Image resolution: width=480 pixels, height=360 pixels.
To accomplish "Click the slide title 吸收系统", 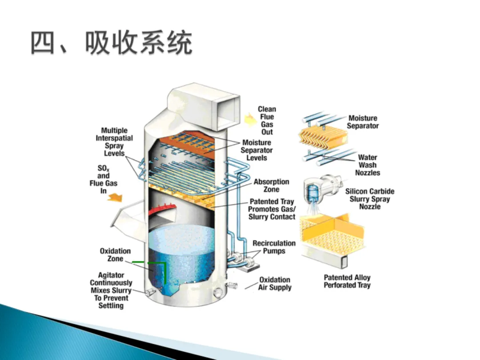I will pyautogui.click(x=111, y=44).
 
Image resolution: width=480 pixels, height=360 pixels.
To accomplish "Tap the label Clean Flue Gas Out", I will pyautogui.click(x=267, y=120).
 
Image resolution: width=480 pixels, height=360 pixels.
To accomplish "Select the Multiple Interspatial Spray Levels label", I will pyautogui.click(x=114, y=142).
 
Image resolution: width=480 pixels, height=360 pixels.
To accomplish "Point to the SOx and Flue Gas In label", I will pyautogui.click(x=103, y=179).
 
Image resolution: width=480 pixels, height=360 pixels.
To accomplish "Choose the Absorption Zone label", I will pyautogui.click(x=271, y=185).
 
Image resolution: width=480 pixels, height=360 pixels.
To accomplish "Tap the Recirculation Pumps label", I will pyautogui.click(x=274, y=247).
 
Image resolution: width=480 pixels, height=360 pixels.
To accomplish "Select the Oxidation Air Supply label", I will pyautogui.click(x=275, y=284).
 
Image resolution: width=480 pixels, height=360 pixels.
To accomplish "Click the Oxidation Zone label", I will pyautogui.click(x=115, y=255).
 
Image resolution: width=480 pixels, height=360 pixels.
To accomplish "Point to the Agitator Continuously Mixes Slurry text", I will pyautogui.click(x=111, y=290).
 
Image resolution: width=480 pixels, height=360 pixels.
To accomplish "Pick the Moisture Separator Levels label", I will pyautogui.click(x=256, y=150).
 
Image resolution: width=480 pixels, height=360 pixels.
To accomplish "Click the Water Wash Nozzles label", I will pyautogui.click(x=368, y=165).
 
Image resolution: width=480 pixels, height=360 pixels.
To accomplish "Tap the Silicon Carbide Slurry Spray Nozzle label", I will pyautogui.click(x=370, y=199).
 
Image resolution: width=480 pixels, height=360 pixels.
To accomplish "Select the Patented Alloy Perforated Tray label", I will pyautogui.click(x=347, y=281).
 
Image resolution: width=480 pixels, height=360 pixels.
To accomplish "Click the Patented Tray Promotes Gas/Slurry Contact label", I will pyautogui.click(x=272, y=209).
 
